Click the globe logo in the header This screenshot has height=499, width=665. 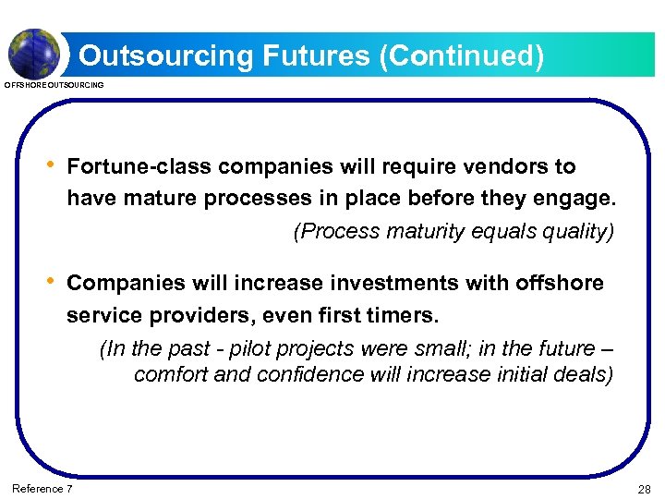coord(35,53)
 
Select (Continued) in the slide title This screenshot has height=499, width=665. coord(461,56)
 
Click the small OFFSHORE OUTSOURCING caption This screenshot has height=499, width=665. coord(54,85)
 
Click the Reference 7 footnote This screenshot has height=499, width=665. coord(42,488)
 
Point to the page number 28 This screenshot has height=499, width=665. coord(644,489)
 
